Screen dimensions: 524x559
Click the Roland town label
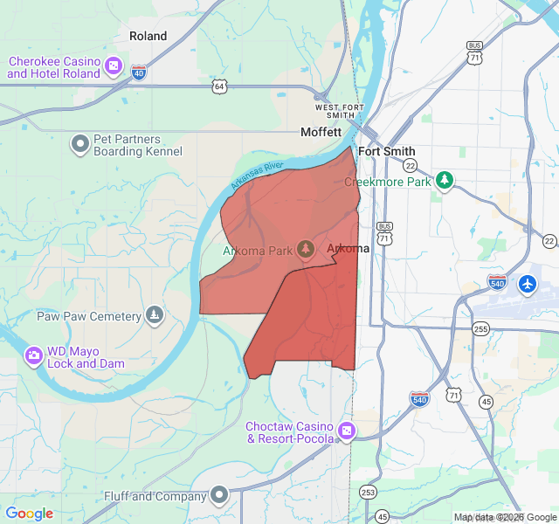click(148, 36)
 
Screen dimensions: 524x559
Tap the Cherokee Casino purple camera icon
click(114, 66)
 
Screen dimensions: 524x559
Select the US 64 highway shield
click(219, 86)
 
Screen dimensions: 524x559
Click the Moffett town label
click(321, 133)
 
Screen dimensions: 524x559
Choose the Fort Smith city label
click(387, 151)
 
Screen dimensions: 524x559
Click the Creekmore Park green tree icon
click(445, 180)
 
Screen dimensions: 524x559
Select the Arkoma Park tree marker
click(305, 249)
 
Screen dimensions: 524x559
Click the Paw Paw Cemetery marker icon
click(155, 314)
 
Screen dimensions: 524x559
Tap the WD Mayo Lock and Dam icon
click(34, 355)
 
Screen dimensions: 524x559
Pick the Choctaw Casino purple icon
click(347, 431)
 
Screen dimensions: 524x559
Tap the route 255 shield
click(480, 328)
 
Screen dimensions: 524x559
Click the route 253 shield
click(369, 492)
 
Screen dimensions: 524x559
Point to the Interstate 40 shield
click(139, 72)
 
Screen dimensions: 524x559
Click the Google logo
click(29, 514)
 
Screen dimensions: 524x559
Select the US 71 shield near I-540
click(453, 396)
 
